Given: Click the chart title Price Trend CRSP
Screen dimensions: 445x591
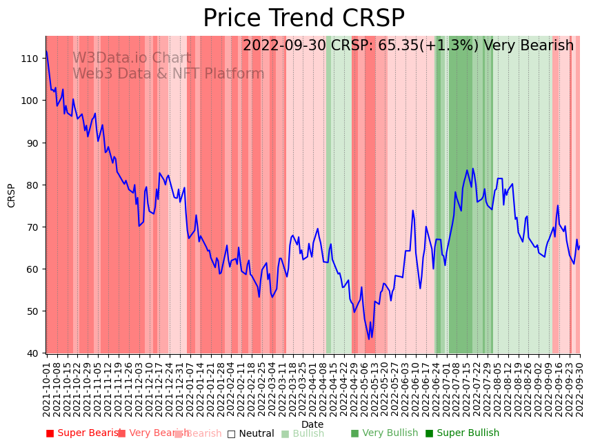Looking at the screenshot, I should pyautogui.click(x=303, y=19).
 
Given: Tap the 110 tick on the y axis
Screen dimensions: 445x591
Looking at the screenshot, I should pyautogui.click(x=30, y=59).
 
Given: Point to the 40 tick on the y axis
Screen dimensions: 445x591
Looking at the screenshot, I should pyautogui.click(x=33, y=353).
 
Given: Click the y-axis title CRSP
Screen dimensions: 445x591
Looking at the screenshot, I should pyautogui.click(x=12, y=195).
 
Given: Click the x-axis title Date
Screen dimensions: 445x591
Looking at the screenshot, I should pyautogui.click(x=312, y=425).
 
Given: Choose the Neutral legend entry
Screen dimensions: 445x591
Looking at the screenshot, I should pyautogui.click(x=250, y=433).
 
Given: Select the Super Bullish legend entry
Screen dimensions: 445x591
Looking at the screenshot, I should pyautogui.click(x=462, y=433).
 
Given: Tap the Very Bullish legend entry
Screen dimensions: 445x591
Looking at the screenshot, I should pyautogui.click(x=384, y=433).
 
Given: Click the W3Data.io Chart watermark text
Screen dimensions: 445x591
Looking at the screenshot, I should pyautogui.click(x=132, y=59).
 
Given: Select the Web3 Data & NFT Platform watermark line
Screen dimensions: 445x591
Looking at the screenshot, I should pyautogui.click(x=168, y=74).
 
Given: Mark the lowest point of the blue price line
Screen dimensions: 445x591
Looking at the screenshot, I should pyautogui.click(x=369, y=339).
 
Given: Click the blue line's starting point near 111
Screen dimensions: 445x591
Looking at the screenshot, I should pyautogui.click(x=46, y=51).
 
